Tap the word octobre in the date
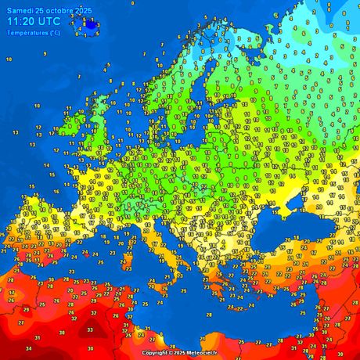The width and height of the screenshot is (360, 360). [54, 9]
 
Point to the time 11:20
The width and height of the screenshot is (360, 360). [20, 22]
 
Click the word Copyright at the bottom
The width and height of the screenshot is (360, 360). [155, 353]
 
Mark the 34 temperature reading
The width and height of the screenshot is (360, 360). [29, 348]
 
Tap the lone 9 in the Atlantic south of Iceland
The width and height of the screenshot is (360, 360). [45, 53]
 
